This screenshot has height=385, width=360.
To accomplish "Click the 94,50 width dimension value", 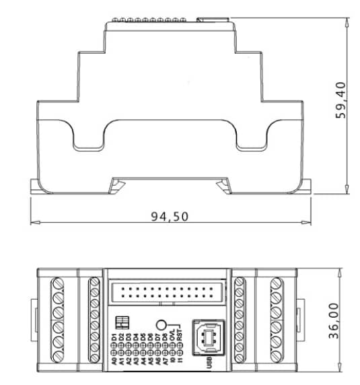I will [x=169, y=216].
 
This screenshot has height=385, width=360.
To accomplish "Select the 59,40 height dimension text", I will [x=343, y=99].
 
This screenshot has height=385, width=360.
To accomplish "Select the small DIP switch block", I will [x=123, y=320].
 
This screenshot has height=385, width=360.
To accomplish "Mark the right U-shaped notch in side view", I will [x=252, y=138].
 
